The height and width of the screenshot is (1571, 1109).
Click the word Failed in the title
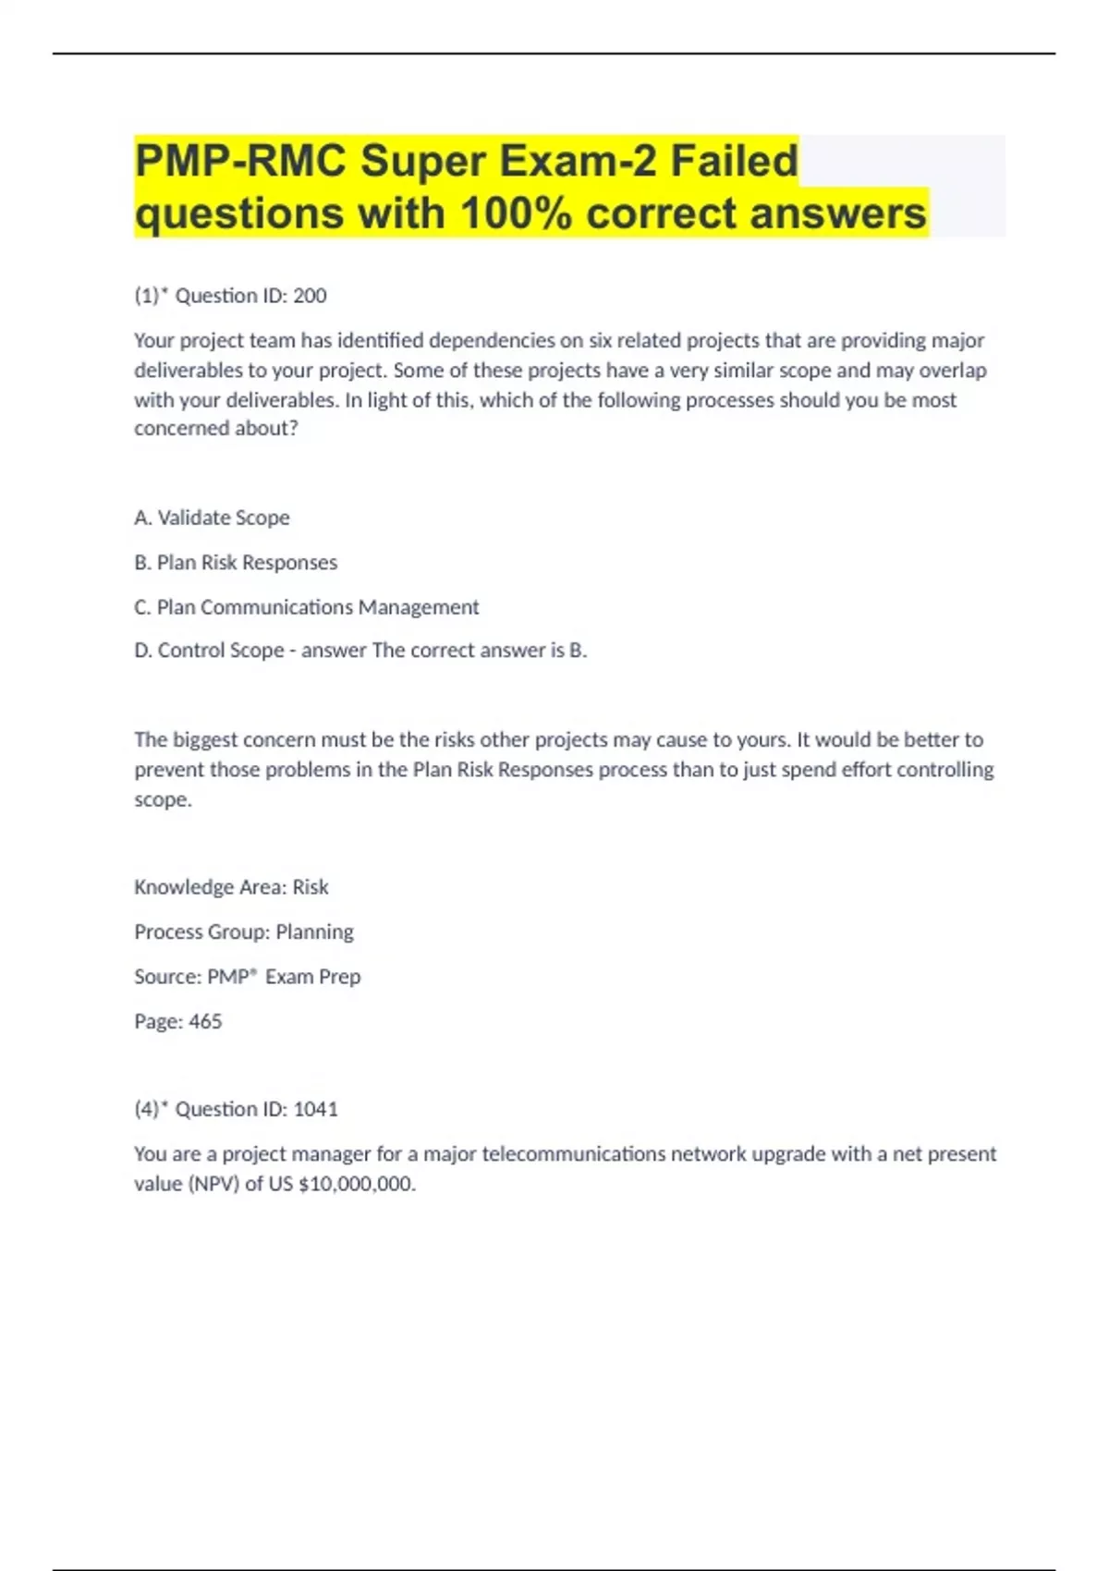[x=734, y=161]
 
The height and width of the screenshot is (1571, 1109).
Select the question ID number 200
[x=310, y=296]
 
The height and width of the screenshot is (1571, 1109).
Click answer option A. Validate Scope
[x=212, y=518]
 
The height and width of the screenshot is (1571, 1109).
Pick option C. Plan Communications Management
[x=306, y=607]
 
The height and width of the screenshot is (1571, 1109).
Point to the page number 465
[x=205, y=1021]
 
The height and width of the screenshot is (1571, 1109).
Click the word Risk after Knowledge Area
[x=311, y=887]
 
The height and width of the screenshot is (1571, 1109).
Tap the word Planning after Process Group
[x=314, y=932]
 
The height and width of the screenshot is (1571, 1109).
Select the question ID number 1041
[x=315, y=1109]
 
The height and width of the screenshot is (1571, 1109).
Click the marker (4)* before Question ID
[x=152, y=1109]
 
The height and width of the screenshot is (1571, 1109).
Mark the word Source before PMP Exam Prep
[x=167, y=977]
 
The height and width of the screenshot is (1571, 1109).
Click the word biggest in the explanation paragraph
[x=211, y=740]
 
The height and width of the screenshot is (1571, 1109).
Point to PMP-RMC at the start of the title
[x=240, y=161]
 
